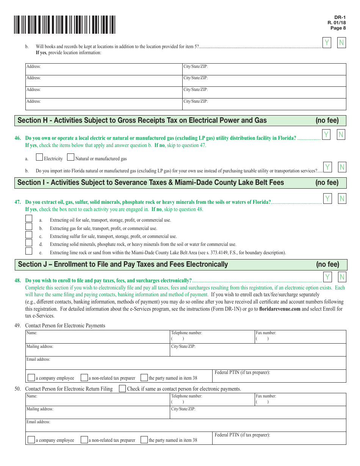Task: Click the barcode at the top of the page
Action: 64,25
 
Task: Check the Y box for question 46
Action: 326,134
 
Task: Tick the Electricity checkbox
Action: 39,157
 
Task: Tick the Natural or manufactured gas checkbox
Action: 70,157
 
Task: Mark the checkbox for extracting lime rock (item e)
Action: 29,251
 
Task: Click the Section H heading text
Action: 142,120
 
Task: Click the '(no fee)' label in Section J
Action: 327,264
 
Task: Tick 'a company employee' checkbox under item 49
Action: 31,378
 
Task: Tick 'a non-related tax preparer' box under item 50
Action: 84,440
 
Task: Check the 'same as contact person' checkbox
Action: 122,388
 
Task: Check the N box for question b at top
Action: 341,43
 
